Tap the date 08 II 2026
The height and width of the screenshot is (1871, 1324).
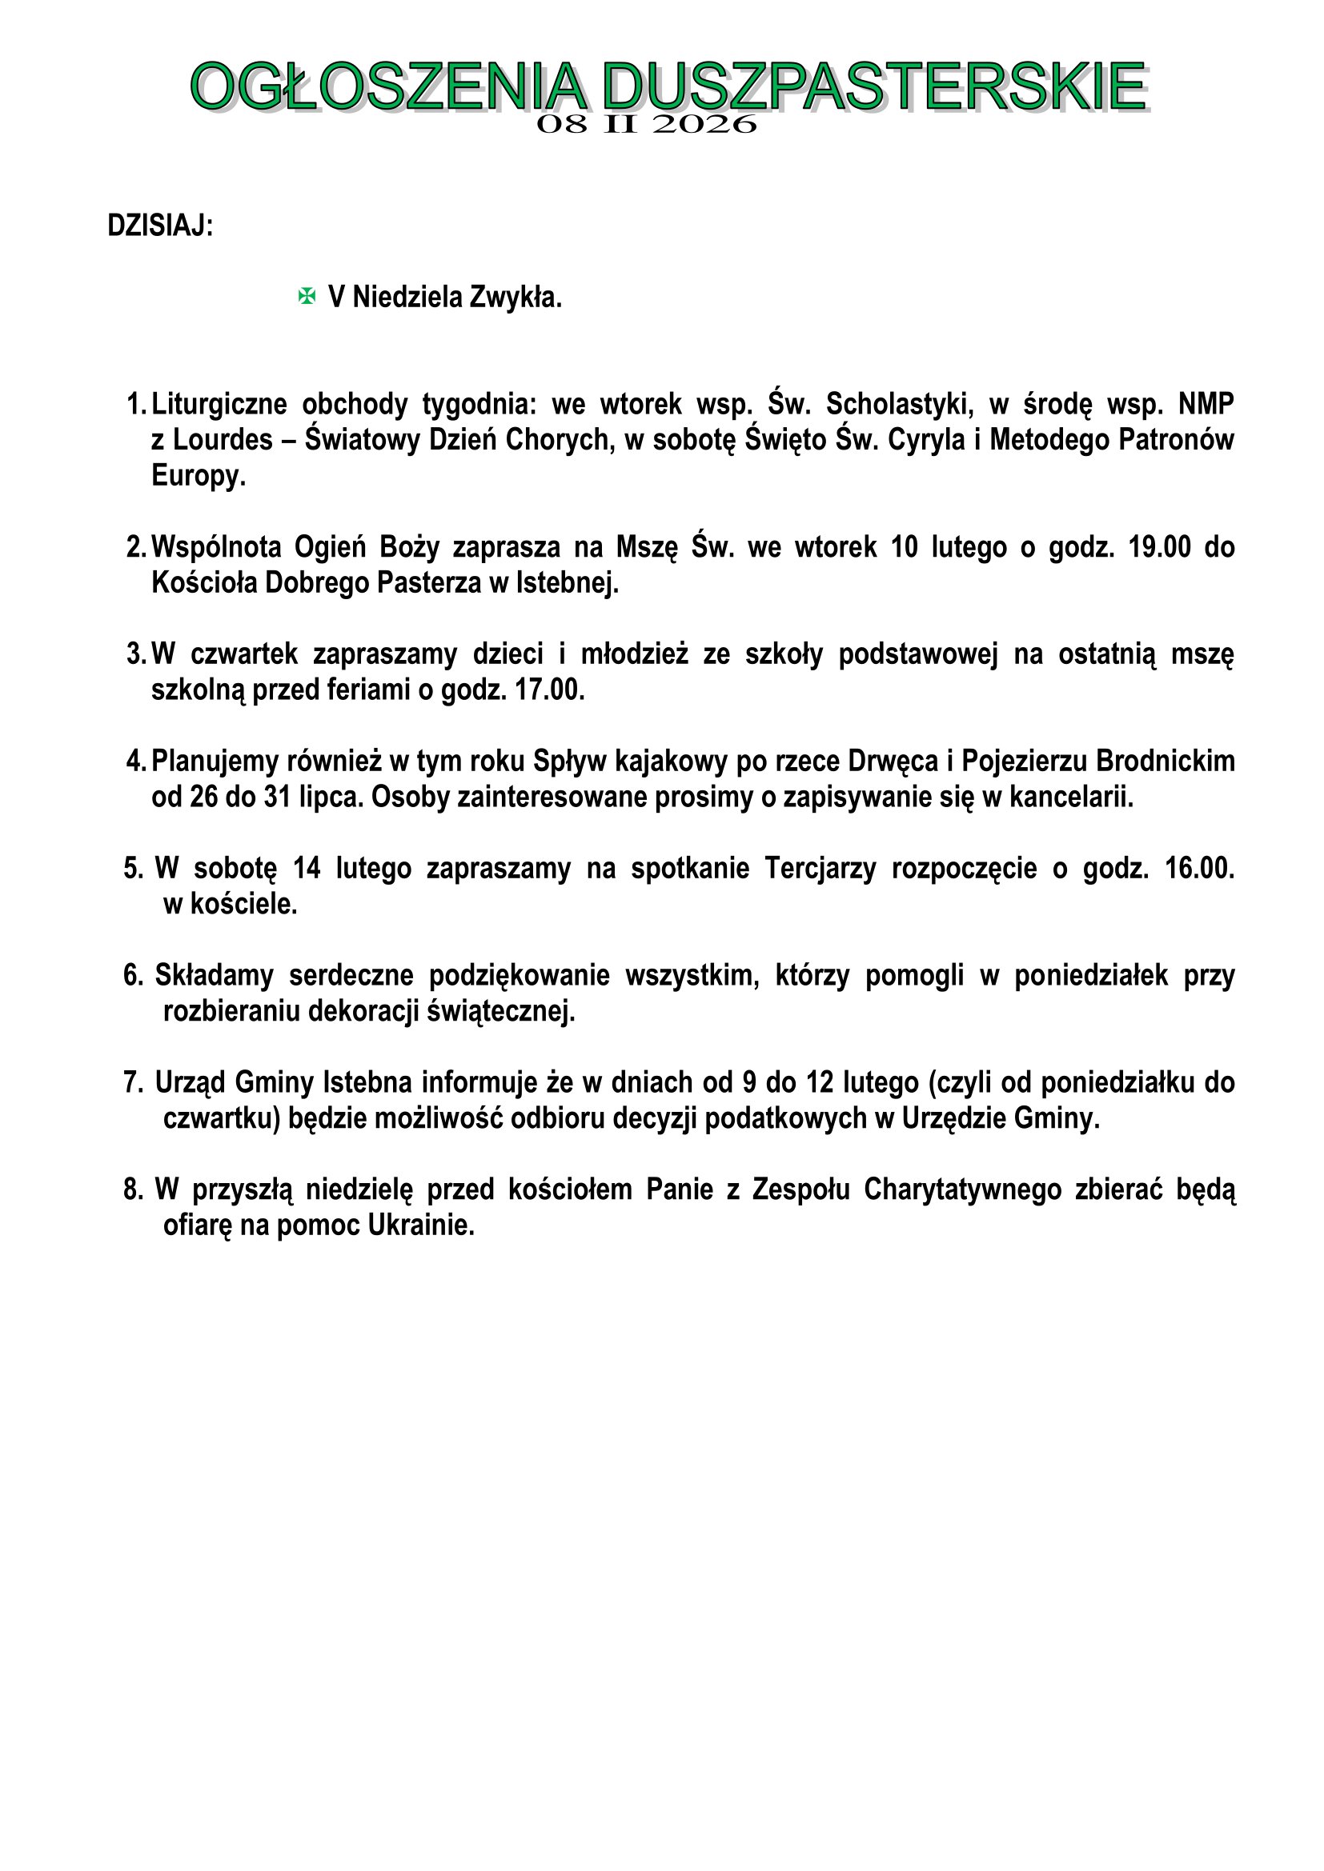click(647, 125)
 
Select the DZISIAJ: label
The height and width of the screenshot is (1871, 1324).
click(160, 226)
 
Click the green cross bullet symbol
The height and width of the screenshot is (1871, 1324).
click(307, 297)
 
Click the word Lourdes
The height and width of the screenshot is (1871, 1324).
click(223, 439)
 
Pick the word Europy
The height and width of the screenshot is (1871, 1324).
click(198, 475)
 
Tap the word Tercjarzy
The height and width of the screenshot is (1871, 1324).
click(820, 869)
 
